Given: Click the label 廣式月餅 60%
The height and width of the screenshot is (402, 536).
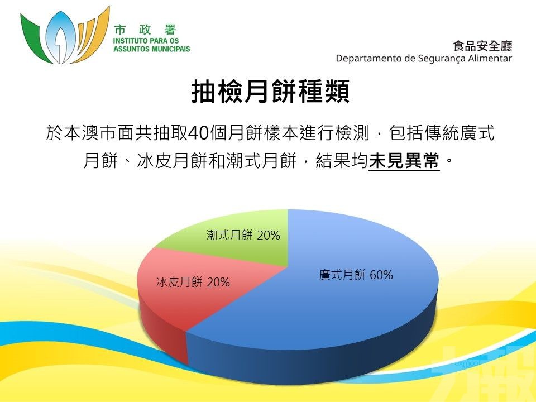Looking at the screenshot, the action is pos(356,275).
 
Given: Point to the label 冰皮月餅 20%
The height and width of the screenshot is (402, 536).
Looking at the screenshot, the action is pos(193,282).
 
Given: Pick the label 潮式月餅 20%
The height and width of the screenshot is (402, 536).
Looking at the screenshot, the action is pos(243,235).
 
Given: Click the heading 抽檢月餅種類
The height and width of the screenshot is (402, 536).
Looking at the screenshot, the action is pos(271,91).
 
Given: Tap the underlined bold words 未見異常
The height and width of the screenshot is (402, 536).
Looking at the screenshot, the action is pos(404,160).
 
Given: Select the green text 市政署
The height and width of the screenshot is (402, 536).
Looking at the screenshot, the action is pos(145,30).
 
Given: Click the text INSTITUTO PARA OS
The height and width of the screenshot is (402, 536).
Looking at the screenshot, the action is pos(146,41).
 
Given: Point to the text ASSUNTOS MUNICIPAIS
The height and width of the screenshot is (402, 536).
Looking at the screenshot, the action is pos(152,49).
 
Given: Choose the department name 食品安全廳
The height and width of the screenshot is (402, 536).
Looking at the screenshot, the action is pos(482,46).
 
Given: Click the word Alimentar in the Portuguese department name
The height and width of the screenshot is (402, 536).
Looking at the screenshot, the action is pos(490,58).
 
